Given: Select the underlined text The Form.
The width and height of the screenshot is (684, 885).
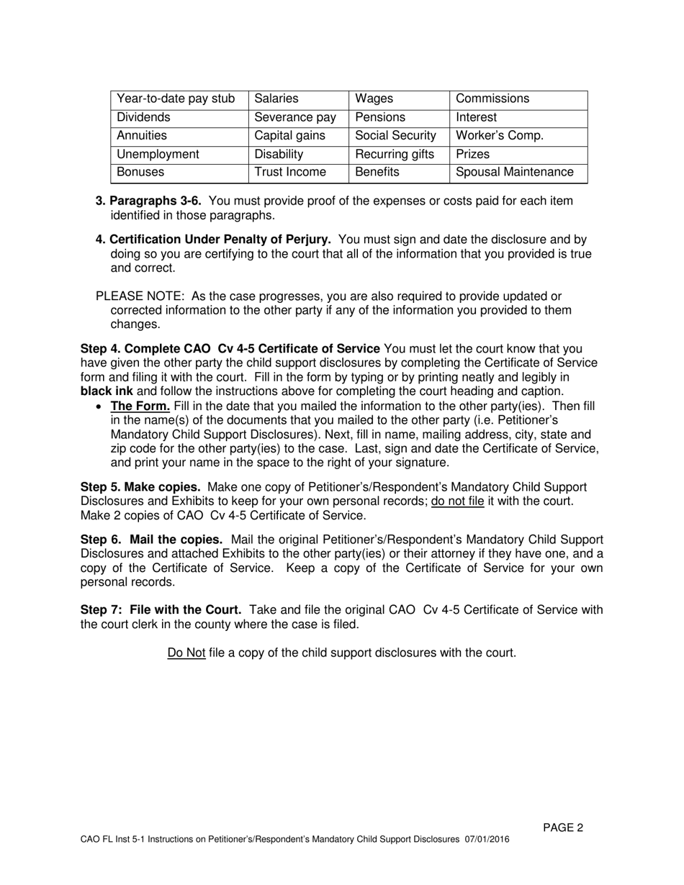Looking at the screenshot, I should tap(140, 406).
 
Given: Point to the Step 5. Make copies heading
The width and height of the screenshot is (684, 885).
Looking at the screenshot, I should tap(140, 487).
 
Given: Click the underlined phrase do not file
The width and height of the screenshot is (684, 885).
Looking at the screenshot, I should tap(457, 501).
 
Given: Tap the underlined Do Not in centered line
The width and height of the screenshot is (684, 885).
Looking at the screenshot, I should tap(186, 653).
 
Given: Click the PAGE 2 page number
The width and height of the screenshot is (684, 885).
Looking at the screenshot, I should tap(562, 827).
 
